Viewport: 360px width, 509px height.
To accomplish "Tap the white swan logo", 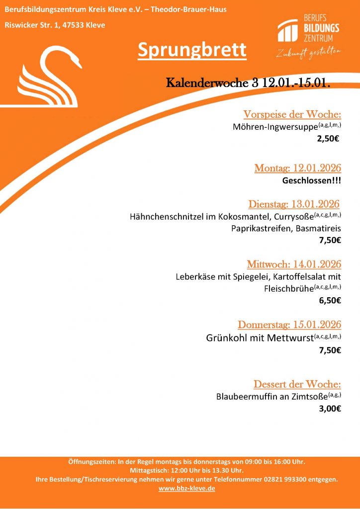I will click(50, 77).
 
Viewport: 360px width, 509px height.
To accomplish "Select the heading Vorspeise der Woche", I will click(292, 114).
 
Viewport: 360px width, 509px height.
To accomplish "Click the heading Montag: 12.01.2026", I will click(298, 168).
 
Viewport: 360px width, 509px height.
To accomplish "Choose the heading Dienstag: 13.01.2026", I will click(294, 204).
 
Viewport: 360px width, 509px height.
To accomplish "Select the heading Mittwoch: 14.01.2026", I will click(294, 264).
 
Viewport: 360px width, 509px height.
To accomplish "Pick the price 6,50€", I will click(330, 300).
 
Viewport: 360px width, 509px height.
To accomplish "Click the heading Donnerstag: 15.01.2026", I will click(289, 325).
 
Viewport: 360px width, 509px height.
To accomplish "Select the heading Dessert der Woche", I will click(297, 384).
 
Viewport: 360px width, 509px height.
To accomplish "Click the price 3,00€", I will click(330, 409).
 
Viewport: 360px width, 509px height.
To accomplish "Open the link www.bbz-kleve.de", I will click(186, 489).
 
